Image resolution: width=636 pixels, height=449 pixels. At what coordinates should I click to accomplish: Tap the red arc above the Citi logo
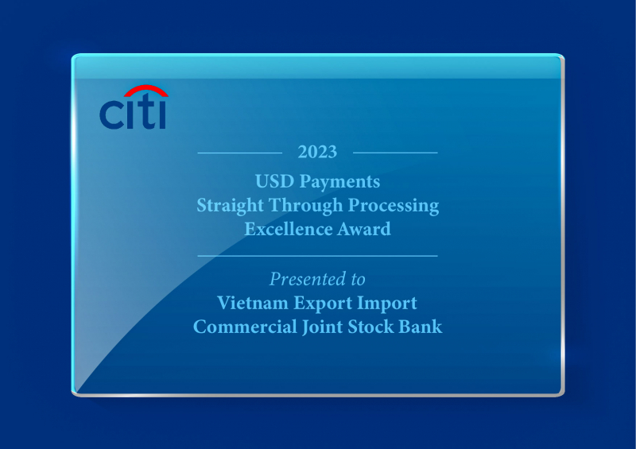click(145, 91)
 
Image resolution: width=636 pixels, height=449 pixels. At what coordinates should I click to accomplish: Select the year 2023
click(317, 152)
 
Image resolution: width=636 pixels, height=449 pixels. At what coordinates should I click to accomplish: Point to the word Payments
click(339, 183)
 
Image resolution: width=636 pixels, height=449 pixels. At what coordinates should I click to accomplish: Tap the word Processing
click(391, 205)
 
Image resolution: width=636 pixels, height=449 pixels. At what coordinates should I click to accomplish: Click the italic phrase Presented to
click(317, 280)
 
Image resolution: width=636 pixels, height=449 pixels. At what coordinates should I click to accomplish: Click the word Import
click(389, 304)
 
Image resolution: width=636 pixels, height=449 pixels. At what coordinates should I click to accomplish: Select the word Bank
click(421, 327)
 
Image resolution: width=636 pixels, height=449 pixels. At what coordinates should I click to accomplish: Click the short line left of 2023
click(239, 152)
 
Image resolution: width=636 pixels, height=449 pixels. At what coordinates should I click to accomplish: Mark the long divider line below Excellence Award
click(317, 256)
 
